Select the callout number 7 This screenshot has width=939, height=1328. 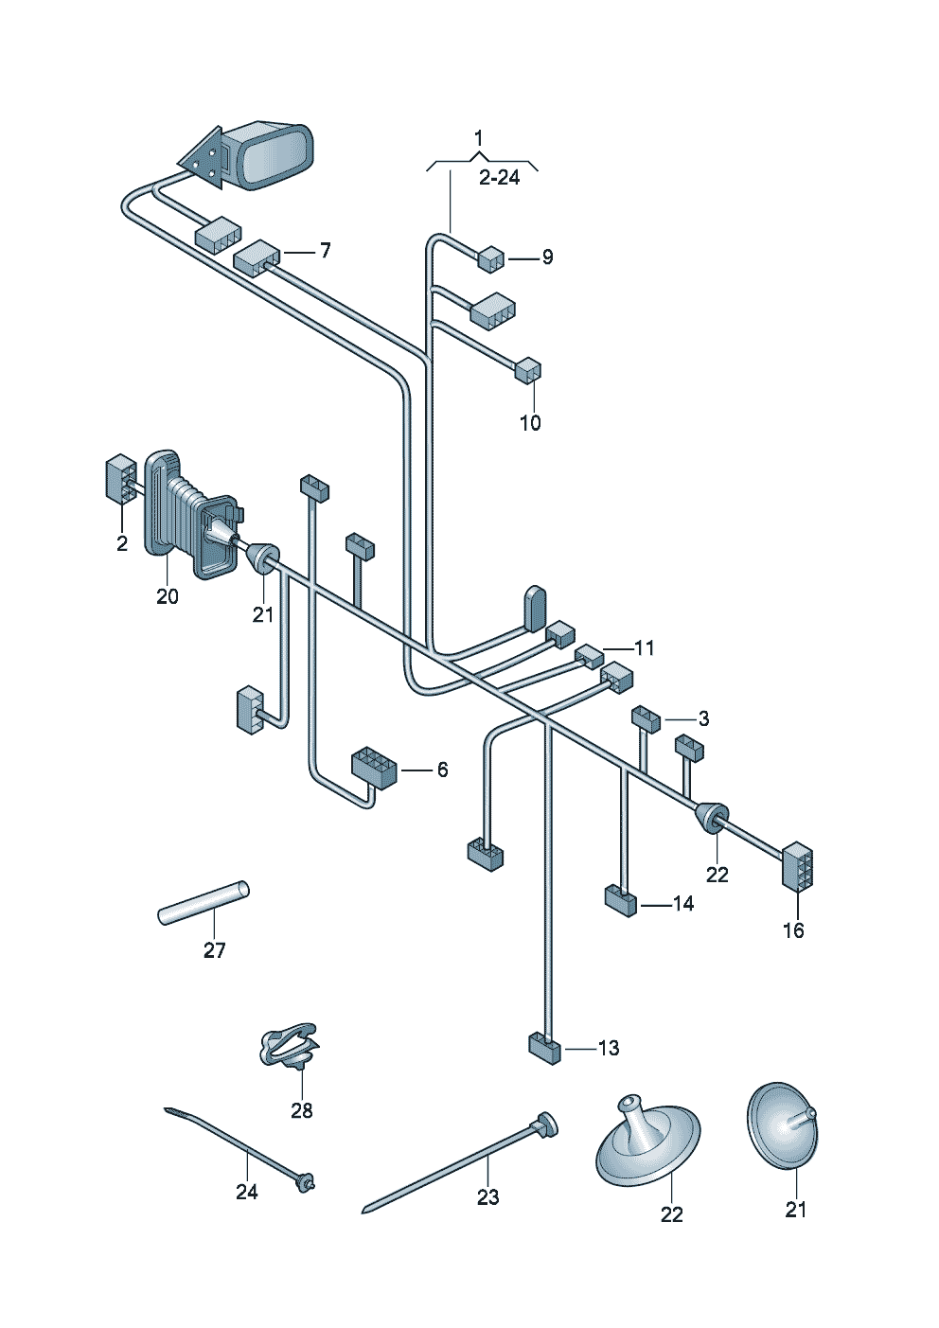pos(325,251)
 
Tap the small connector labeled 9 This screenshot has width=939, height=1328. pos(491,258)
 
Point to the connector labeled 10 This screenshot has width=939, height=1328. pos(528,369)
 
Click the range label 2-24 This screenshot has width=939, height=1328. pos(499,178)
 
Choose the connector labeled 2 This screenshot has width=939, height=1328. pos(120,479)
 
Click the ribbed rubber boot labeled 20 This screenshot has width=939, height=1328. pos(189,516)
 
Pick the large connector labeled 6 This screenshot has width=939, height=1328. pos(374,767)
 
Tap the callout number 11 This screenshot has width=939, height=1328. pos(645,648)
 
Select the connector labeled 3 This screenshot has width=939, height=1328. pos(646,718)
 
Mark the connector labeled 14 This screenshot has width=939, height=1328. pos(621,899)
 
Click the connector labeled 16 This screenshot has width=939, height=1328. pos(797,866)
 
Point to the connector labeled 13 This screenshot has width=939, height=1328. pos(544,1048)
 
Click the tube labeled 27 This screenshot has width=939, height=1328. pos(204,903)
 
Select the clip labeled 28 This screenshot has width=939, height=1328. pos(290,1045)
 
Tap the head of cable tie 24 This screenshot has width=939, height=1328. pos(305,1182)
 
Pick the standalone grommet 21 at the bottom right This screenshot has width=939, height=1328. pos(783,1125)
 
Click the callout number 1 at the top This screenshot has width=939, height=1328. pos(479,138)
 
